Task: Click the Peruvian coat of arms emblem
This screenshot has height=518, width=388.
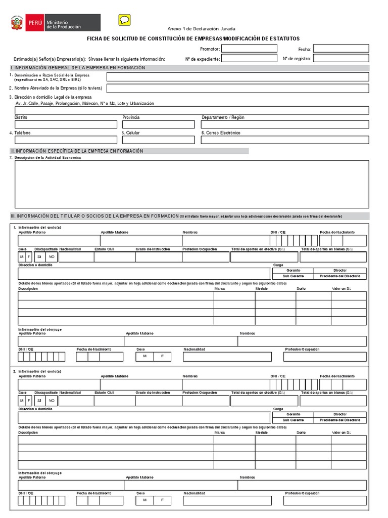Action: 17,23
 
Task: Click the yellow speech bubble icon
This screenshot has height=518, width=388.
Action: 124,20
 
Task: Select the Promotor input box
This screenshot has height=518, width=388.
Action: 249,49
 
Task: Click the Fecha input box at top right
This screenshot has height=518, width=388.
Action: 341,49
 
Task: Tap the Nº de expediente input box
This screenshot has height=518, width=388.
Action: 249,59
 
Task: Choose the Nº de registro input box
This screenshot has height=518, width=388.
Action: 341,59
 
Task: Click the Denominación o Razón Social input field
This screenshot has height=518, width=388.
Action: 237,77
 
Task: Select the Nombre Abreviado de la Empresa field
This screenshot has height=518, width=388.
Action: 237,89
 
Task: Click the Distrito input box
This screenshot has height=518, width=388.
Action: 66,124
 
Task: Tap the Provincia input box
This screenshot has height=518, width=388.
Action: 158,124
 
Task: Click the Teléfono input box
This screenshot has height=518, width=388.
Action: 66,140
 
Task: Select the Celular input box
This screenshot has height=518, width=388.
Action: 158,140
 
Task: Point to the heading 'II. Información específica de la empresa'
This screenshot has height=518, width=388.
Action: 77,151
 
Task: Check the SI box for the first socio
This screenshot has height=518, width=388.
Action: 39,257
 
